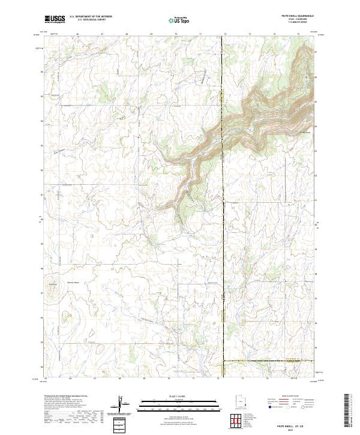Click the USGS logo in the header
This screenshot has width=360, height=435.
54,19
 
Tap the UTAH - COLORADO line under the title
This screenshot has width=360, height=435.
304,20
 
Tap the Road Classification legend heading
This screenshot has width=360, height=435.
290,396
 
